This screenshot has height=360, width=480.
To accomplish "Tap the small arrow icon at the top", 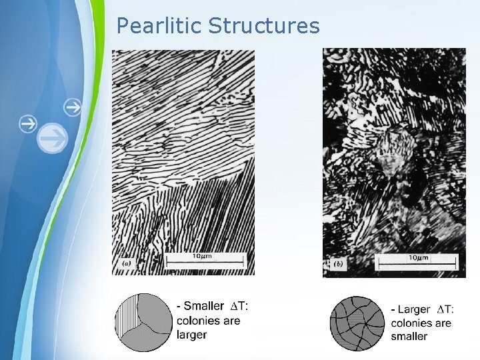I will coord(73,106).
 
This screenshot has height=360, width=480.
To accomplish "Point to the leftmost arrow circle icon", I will coord(27,123).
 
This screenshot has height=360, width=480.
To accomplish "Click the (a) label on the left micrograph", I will coord(126,264).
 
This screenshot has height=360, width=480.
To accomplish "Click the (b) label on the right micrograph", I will coord(338,265).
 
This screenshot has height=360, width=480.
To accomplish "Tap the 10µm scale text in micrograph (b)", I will coord(418,257).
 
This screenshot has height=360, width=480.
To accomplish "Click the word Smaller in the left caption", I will coord(203,307).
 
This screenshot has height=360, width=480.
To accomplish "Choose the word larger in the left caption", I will coord(192,335).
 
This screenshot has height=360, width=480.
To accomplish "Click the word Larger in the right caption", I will coord(413,309).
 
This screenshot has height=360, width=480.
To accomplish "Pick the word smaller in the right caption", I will coord(409,337).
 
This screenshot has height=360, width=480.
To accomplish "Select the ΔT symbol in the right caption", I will coord(445,309).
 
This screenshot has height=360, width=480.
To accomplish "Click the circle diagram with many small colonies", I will coord(359,323).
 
